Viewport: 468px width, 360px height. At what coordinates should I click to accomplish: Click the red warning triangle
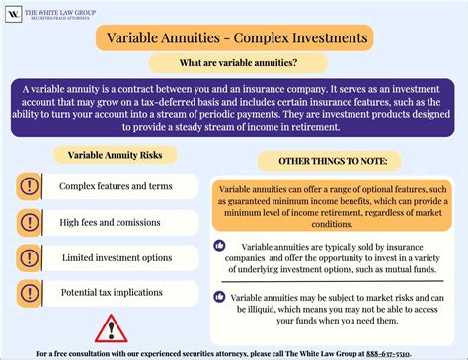111,327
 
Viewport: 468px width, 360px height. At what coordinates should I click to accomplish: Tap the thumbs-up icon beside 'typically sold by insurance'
219,245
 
